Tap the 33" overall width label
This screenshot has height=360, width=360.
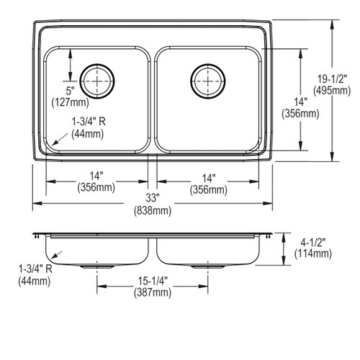tap(153, 198)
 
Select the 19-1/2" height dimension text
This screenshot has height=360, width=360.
tap(333, 78)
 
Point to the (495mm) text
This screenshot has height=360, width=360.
tap(332, 91)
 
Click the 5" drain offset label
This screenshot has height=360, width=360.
tap(71, 91)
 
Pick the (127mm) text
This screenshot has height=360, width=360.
tap(71, 102)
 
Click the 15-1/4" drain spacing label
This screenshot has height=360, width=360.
tap(153, 281)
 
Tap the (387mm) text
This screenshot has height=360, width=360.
tap(153, 292)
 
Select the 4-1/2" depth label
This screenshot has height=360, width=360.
tap(313, 243)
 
